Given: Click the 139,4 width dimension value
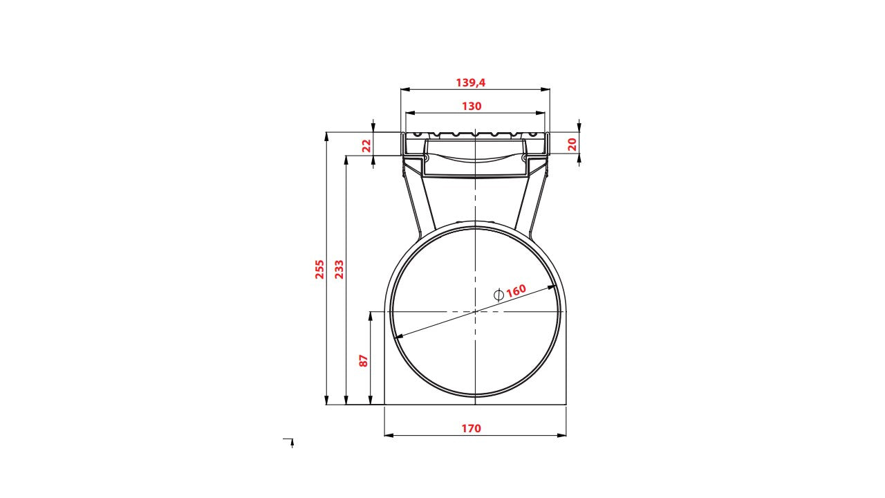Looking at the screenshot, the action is tap(471, 82).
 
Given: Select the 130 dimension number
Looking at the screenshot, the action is tap(472, 107).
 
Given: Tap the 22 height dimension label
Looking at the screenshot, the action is tap(366, 145).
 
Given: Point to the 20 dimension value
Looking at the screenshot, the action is tap(572, 145).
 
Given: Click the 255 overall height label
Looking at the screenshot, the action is tap(319, 269).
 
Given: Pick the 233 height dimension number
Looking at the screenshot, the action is tap(339, 269).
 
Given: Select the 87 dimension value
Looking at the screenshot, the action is tap(363, 361).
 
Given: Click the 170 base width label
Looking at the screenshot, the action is tap(472, 428).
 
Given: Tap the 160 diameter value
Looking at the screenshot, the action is tap(516, 291).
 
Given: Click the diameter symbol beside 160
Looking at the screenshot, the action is tap(499, 295).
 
